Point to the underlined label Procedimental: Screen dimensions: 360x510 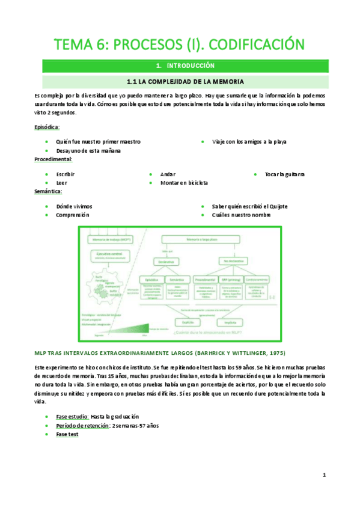coord(53,159)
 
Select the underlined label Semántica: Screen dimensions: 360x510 coord(48,191)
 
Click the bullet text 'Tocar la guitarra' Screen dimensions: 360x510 coord(284,174)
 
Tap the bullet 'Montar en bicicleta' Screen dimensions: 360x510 coord(184,182)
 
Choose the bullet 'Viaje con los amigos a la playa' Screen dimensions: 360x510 coord(249,142)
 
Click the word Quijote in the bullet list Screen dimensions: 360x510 coord(278,206)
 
